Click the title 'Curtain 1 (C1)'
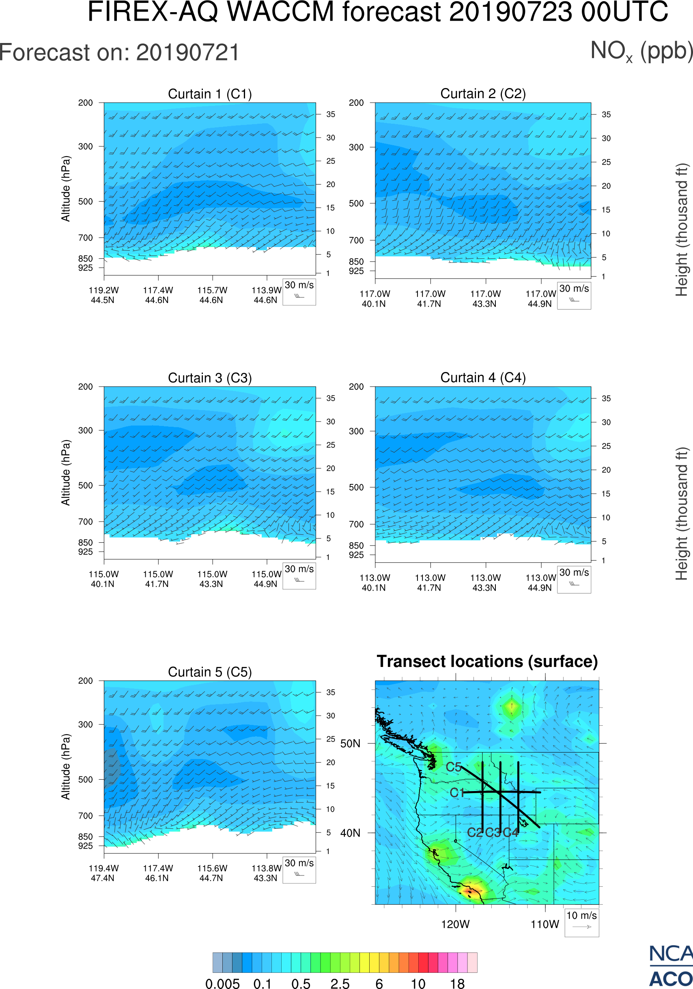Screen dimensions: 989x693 coord(210,94)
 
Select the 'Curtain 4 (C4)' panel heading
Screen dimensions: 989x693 coord(483,378)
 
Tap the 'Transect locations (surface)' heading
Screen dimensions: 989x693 coord(487,661)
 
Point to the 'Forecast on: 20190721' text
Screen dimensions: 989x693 coord(119,53)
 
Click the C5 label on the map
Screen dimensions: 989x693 coord(454,767)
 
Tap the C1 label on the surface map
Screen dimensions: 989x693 coord(456,793)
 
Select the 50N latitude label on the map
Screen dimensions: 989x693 coord(350,744)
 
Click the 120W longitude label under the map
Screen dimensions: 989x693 coord(455,924)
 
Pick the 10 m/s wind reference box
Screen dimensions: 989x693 coord(581,922)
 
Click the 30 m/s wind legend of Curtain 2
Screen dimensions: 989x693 coord(574,295)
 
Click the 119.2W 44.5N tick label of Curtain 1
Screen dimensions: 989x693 coord(103,295)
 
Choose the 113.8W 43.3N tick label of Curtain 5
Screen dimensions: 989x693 coord(266,873)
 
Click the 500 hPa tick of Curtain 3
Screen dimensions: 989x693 coord(85,486)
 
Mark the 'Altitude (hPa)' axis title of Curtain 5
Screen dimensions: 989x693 coord(65,767)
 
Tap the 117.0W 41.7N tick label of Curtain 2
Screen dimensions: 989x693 coord(430,299)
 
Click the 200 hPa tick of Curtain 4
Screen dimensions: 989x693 coord(356,387)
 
